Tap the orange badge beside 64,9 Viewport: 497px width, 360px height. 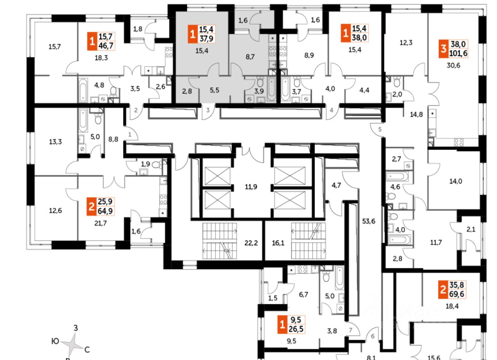pyautogui.click(x=91, y=206)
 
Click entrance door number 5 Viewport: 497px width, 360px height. pyautogui.click(x=381, y=129)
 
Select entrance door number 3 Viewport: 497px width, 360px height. pyautogui.click(x=208, y=110)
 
